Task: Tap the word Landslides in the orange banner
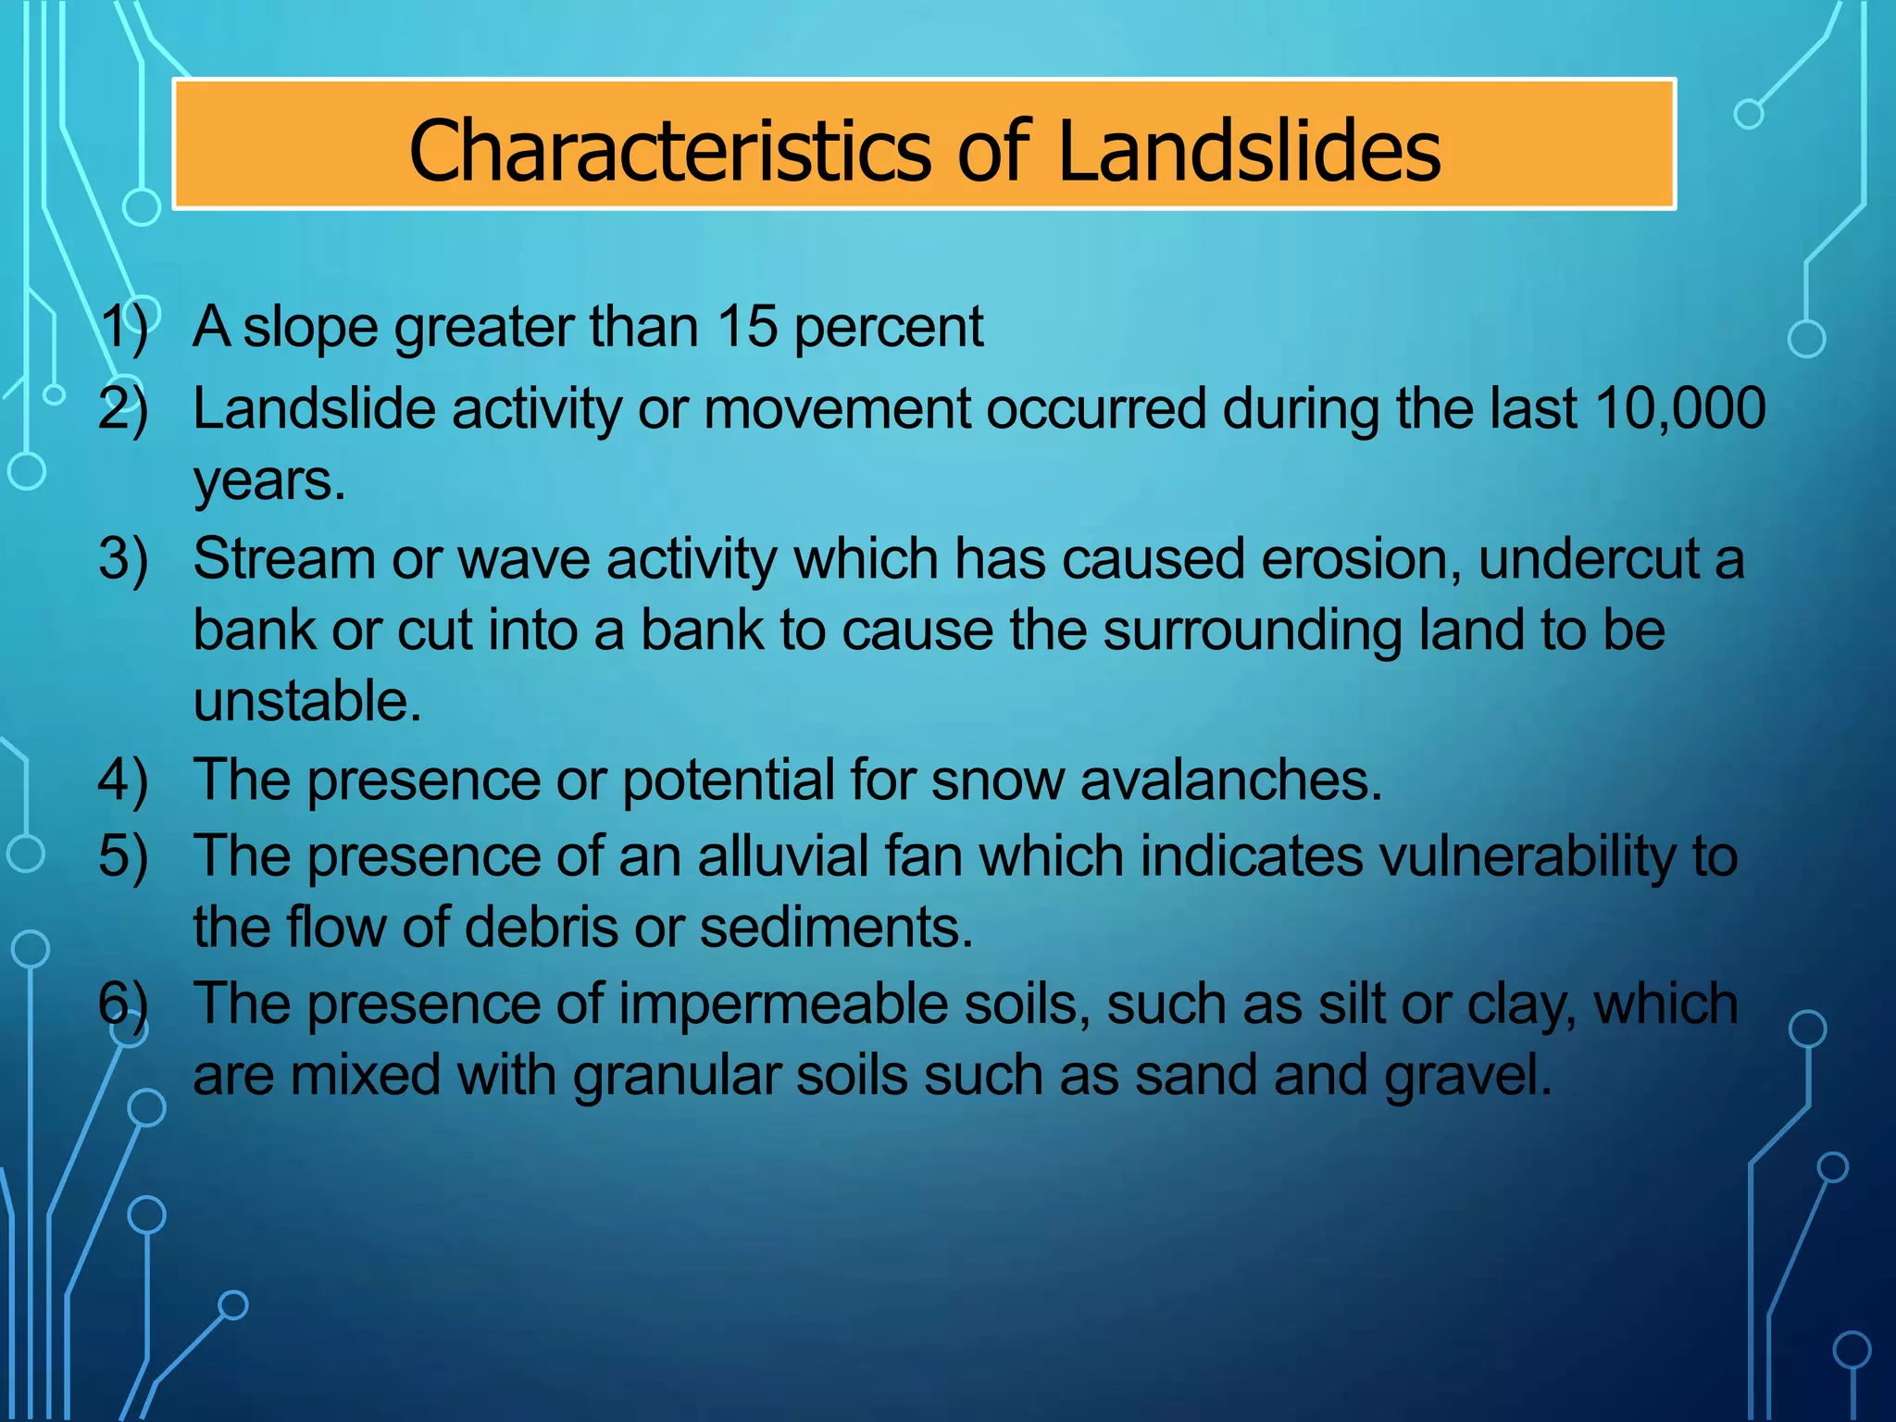1248,150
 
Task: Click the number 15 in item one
746,327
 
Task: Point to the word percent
889,329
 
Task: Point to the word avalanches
1230,780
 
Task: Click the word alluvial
782,855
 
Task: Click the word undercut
1588,559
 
